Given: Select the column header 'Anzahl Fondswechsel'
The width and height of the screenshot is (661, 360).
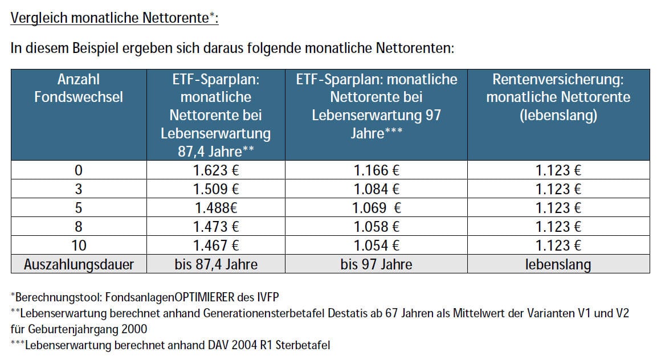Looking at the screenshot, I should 79,88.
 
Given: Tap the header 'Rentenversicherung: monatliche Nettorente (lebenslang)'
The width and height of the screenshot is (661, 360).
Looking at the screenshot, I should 558,97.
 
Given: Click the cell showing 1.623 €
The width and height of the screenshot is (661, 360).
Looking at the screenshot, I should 215,170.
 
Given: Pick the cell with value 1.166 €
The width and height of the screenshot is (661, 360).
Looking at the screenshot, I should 376,170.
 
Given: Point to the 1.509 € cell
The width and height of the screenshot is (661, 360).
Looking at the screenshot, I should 215,189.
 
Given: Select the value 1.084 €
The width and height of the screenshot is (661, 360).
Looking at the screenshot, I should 376,189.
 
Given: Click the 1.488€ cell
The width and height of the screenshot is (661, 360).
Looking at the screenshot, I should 215,208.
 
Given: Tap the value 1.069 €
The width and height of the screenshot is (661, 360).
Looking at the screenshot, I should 376,208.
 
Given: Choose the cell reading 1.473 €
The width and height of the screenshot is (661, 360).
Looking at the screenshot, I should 215,227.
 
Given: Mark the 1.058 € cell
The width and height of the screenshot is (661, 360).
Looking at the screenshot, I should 376,227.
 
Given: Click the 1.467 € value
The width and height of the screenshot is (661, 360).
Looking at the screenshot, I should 215,246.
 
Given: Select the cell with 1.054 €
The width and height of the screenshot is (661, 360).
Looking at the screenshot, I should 376,246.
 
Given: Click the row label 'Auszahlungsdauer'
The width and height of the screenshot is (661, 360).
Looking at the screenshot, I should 79,264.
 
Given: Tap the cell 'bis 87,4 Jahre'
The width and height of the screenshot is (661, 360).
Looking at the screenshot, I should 215,264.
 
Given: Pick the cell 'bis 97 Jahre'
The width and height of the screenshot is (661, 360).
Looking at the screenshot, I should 376,264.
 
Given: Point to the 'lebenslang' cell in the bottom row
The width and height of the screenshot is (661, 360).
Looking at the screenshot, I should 558,264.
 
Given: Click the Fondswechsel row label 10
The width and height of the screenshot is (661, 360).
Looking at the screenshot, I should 79,246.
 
